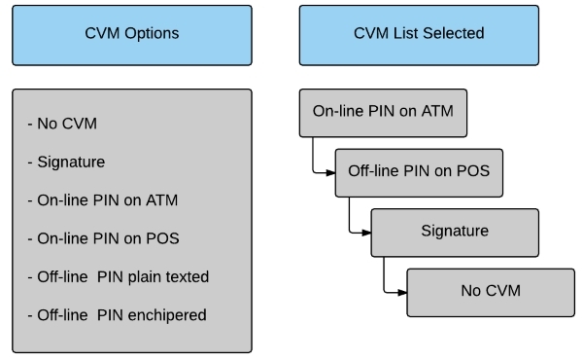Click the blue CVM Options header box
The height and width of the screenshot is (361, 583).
132,35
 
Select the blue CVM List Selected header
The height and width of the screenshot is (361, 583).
419,35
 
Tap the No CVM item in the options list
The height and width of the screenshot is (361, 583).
62,124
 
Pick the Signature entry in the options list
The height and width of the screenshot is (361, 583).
66,162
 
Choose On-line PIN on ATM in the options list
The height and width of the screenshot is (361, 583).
103,200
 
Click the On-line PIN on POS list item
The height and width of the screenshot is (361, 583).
103,238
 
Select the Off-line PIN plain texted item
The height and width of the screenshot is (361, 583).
119,277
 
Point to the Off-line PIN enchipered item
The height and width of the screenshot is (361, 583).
117,315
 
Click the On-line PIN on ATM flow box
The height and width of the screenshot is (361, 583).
383,113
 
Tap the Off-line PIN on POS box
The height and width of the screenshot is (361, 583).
419,173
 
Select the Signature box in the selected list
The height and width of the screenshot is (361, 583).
455,233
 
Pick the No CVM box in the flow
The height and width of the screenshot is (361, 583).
491,293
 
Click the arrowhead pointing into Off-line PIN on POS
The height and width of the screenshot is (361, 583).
330,172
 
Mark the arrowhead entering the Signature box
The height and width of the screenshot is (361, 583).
366,233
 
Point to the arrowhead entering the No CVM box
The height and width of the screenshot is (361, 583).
402,293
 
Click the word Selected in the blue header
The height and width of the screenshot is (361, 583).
453,33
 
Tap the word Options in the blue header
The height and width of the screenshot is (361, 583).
152,33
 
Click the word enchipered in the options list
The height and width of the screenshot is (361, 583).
167,315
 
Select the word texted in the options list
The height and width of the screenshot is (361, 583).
188,277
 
